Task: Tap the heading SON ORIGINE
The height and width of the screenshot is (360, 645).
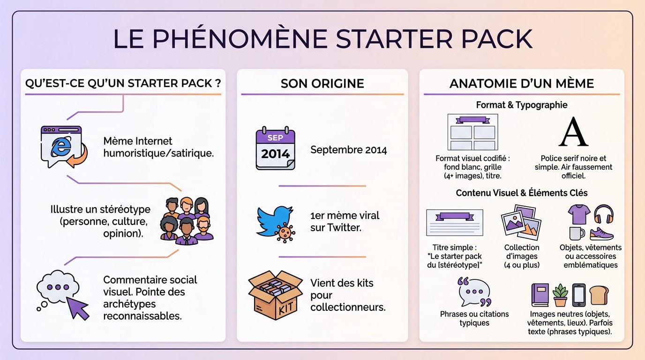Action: [x=322, y=83]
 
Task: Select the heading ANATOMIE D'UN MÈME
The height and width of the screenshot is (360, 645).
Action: [x=521, y=83]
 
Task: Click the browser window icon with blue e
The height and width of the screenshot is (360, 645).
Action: [x=62, y=146]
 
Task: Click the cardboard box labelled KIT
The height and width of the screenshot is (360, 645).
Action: [x=275, y=294]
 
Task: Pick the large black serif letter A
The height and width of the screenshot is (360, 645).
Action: [x=573, y=133]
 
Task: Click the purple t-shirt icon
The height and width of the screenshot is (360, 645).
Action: [x=578, y=214]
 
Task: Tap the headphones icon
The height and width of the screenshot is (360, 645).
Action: [x=604, y=214]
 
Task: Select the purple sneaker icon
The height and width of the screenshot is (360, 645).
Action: [x=602, y=233]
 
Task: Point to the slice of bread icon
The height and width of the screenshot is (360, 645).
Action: [x=599, y=295]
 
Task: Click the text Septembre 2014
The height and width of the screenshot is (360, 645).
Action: [x=348, y=150]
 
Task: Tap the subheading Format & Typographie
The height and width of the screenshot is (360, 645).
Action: [x=521, y=105]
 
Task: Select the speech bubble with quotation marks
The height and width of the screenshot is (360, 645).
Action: [x=474, y=292]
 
